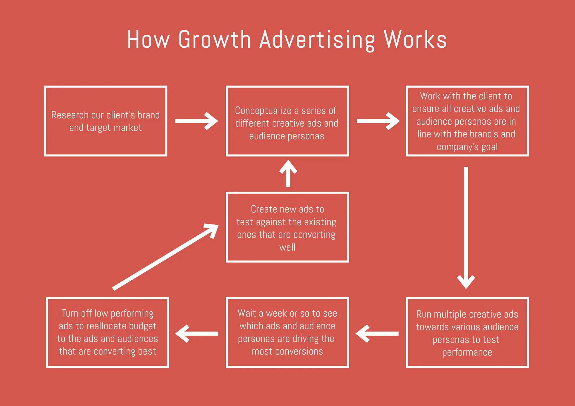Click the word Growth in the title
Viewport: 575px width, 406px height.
215,40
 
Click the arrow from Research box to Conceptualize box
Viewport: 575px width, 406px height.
196,121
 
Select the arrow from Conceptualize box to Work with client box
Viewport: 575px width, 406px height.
378,121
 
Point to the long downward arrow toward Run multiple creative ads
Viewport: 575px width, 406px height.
466,227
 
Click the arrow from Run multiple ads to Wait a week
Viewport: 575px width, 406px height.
377,334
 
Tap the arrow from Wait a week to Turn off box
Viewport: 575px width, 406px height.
197,334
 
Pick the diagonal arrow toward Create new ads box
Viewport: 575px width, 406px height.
165,257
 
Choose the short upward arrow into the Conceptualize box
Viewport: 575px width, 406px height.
288,173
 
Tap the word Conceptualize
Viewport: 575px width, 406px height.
263,111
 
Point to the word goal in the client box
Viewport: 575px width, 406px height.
489,147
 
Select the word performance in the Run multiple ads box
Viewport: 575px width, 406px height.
467,352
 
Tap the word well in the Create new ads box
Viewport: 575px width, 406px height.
287,247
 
